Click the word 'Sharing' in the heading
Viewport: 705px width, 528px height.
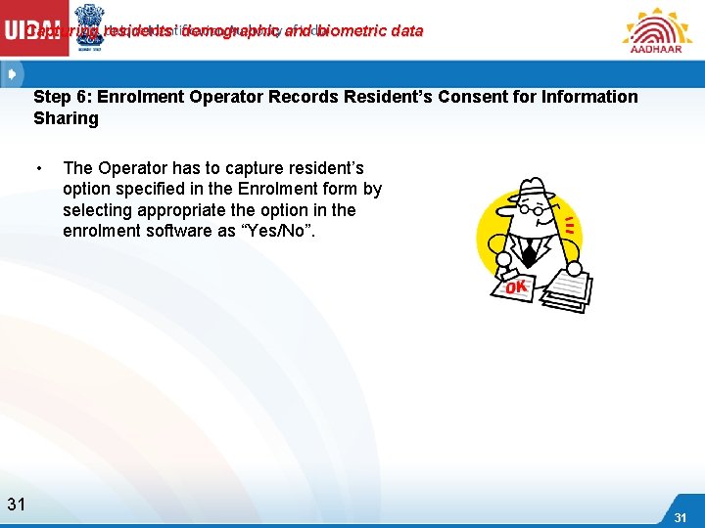tap(67, 118)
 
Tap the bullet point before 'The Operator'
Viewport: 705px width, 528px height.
tap(38, 168)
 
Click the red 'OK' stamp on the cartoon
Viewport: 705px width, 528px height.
tap(515, 287)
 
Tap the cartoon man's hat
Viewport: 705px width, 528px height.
tap(536, 191)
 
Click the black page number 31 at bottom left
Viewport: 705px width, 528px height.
tap(16, 505)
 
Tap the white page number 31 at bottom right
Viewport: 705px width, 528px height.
tap(681, 516)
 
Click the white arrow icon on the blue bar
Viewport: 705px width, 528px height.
tap(11, 73)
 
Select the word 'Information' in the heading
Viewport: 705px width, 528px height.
tap(577, 97)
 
